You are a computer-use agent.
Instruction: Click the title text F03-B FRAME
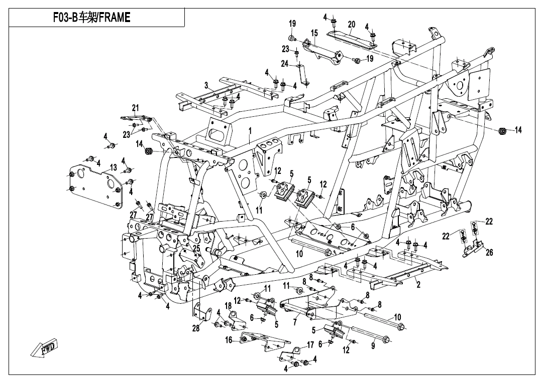coord(92,18)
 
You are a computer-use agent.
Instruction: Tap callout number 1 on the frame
coord(250,131)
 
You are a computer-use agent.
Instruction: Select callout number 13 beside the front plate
coord(114,167)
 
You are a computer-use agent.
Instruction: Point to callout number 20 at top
coord(351,25)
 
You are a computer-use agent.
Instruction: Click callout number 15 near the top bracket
coord(314,33)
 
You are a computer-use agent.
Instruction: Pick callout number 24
coord(284,64)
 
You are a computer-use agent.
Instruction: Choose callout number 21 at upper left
coord(135,108)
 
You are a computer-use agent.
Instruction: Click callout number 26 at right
coord(489,252)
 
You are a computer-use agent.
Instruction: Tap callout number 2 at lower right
coord(417,285)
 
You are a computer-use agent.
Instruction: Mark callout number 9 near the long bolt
coord(373,346)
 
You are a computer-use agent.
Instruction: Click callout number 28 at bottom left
coord(196,328)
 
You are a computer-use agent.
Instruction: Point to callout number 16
coord(229,340)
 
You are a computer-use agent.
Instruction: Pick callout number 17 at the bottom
coord(310,345)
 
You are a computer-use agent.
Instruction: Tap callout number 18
coord(228,305)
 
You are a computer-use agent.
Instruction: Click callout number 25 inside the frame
coord(196,248)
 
